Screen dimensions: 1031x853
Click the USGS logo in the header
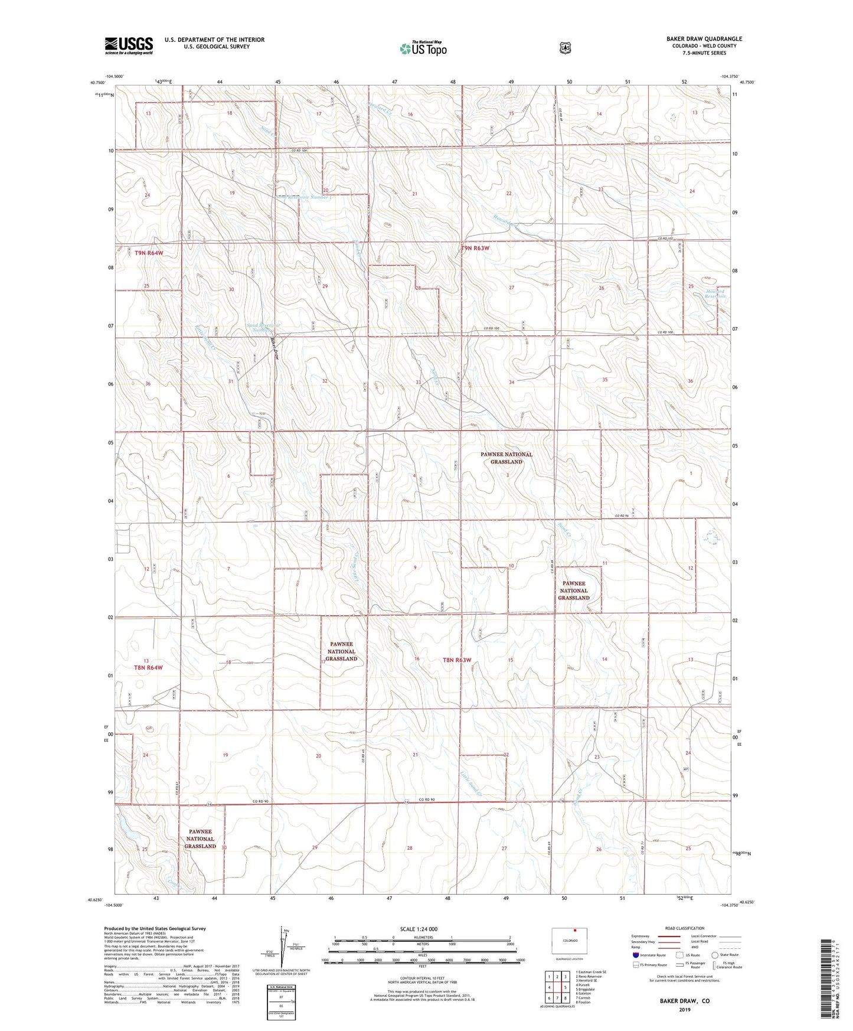pyautogui.click(x=129, y=45)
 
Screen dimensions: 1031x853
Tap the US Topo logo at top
pyautogui.click(x=423, y=48)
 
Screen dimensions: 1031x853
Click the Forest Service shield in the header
pyautogui.click(x=565, y=48)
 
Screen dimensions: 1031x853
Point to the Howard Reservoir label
pyautogui.click(x=715, y=293)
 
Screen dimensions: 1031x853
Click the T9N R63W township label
pyautogui.click(x=475, y=248)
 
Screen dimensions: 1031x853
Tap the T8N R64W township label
pyautogui.click(x=148, y=667)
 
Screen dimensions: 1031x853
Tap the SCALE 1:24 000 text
pyautogui.click(x=419, y=929)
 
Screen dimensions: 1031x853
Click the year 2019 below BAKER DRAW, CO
pyautogui.click(x=684, y=1010)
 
